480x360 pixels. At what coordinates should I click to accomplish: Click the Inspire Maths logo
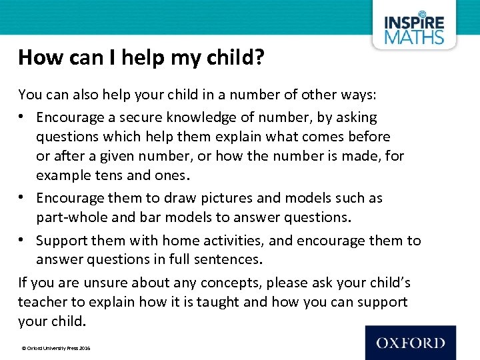point(413,27)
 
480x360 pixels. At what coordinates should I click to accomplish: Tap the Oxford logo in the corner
point(410,343)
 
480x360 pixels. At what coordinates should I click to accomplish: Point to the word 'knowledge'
point(198,117)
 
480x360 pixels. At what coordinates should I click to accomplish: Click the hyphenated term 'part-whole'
point(69,217)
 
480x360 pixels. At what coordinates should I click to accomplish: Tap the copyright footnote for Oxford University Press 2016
point(56,349)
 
